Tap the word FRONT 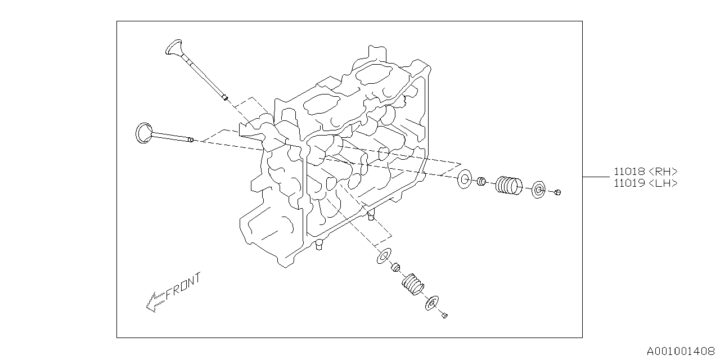coord(183,286)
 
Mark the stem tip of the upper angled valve coord(224,98)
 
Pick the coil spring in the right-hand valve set coord(509,184)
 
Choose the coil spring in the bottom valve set coord(413,285)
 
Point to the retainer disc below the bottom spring coord(433,303)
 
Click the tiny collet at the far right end coord(557,193)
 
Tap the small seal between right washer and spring coord(481,182)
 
